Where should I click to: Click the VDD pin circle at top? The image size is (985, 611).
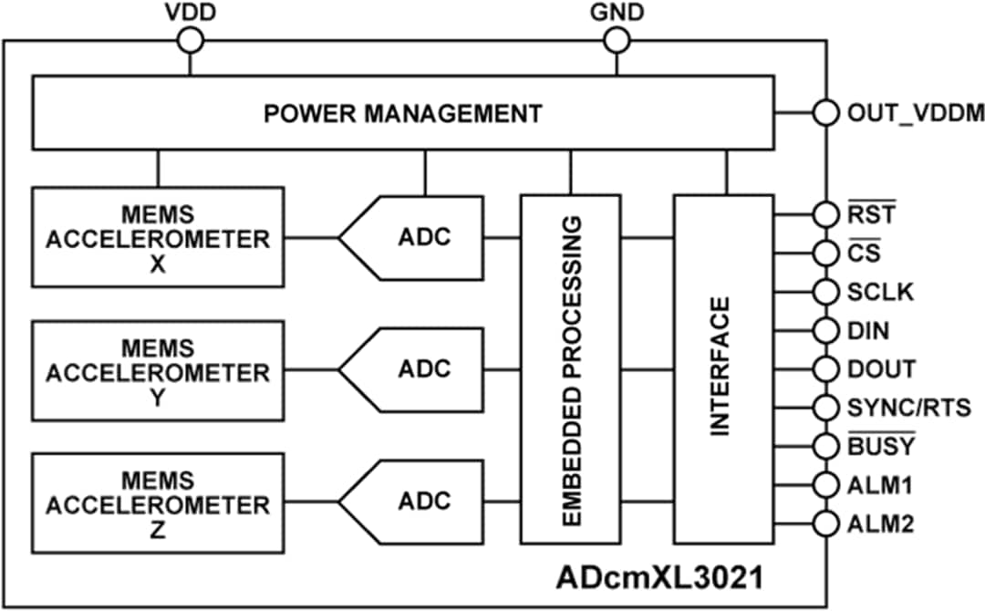click(x=191, y=39)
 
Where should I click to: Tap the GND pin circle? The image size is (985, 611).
click(x=617, y=39)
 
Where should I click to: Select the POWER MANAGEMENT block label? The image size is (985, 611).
click(x=402, y=114)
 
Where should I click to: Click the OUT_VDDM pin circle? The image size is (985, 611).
click(x=825, y=113)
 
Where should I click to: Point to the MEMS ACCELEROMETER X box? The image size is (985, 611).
click(x=158, y=237)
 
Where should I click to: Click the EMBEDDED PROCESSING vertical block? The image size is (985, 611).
click(x=570, y=368)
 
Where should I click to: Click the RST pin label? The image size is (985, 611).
click(x=871, y=215)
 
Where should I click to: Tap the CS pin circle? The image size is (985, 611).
click(x=825, y=253)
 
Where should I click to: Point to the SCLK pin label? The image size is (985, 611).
click(x=880, y=292)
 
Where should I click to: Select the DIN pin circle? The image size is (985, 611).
click(x=825, y=330)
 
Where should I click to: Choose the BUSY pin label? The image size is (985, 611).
click(x=881, y=446)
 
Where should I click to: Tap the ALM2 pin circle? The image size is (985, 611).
click(x=825, y=524)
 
